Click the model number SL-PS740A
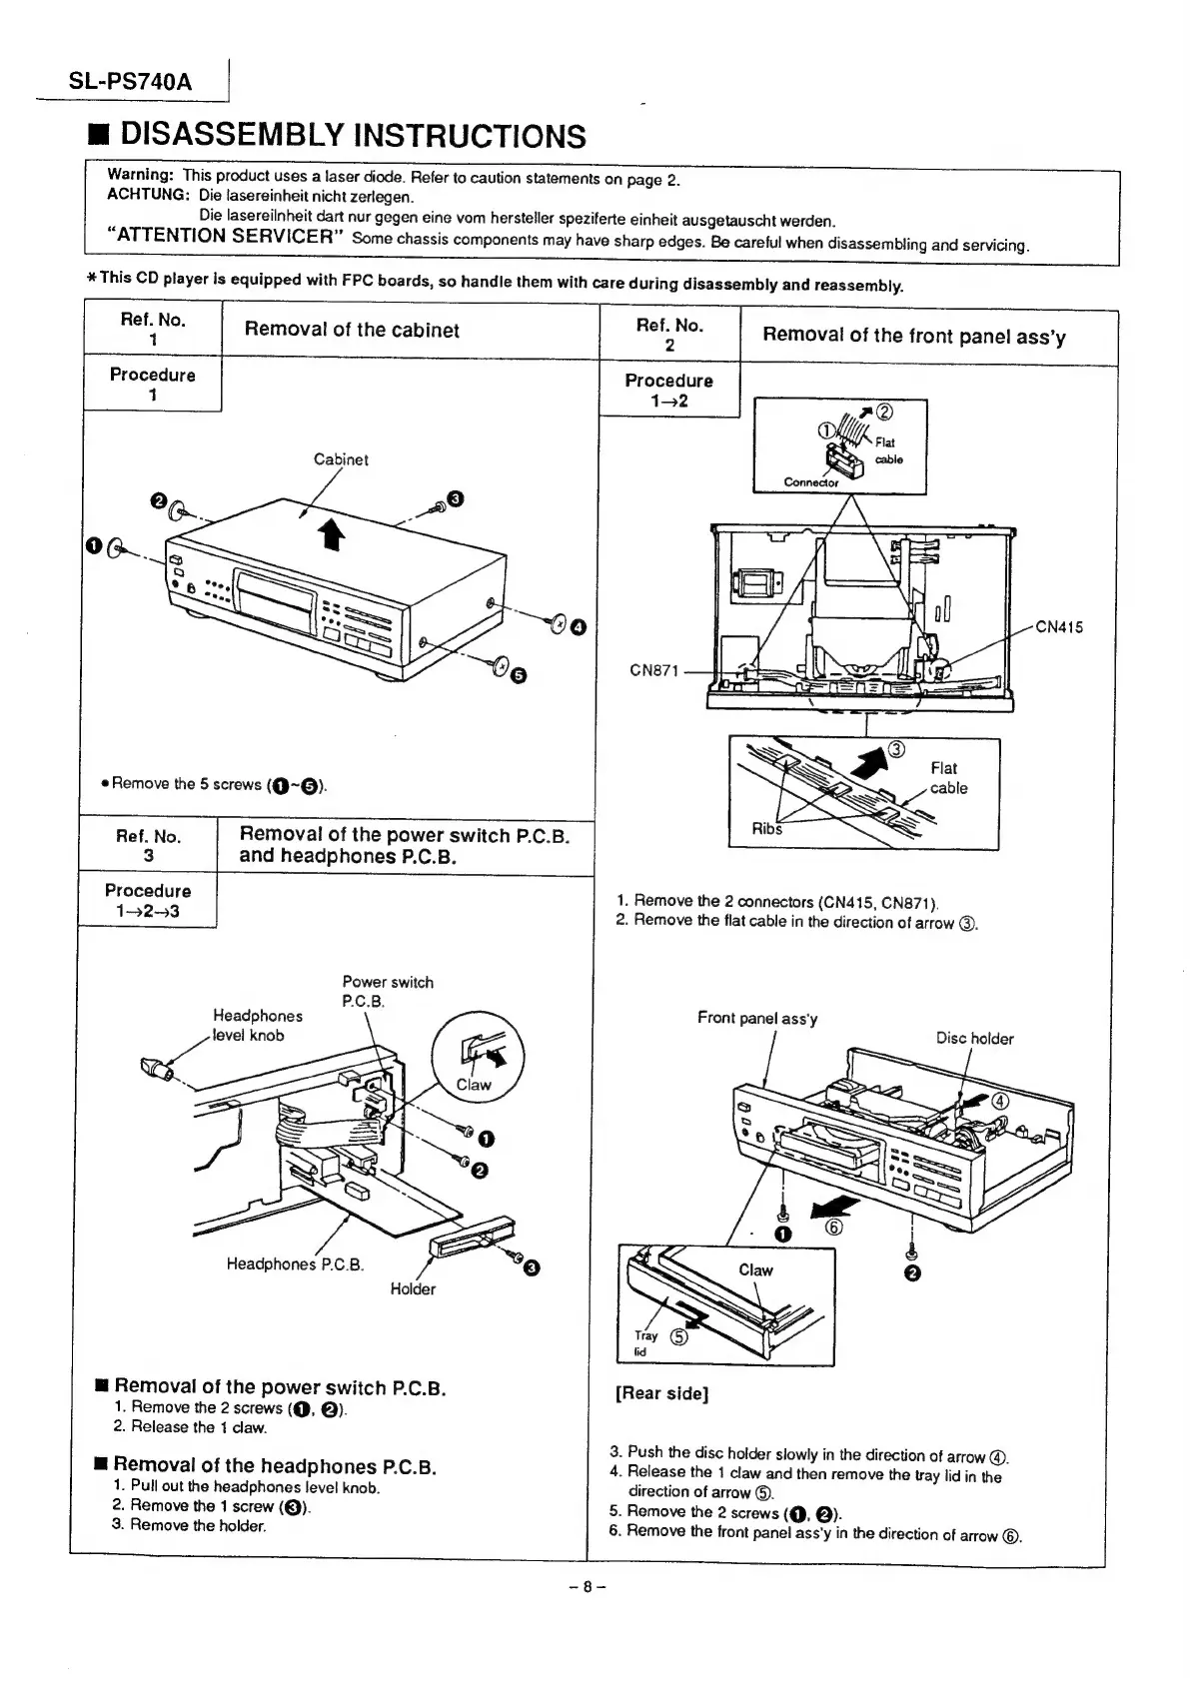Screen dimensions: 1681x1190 [130, 81]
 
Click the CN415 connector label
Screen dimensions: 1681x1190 [1058, 627]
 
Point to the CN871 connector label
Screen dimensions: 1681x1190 [653, 670]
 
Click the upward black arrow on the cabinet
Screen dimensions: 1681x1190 [332, 536]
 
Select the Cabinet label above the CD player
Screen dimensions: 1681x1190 [341, 459]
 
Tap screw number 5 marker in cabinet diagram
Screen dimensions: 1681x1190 [517, 676]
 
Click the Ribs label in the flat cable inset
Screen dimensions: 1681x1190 [767, 828]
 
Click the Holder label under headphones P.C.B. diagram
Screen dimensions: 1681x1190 [413, 1288]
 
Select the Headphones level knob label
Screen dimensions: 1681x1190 [258, 1025]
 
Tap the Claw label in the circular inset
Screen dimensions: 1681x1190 [474, 1085]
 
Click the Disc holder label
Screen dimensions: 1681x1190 [974, 1038]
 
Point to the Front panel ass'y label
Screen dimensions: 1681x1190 [756, 1018]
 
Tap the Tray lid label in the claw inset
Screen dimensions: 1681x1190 [645, 1342]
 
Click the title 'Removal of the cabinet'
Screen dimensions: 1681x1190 [352, 330]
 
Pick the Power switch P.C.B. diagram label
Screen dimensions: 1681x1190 [387, 991]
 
